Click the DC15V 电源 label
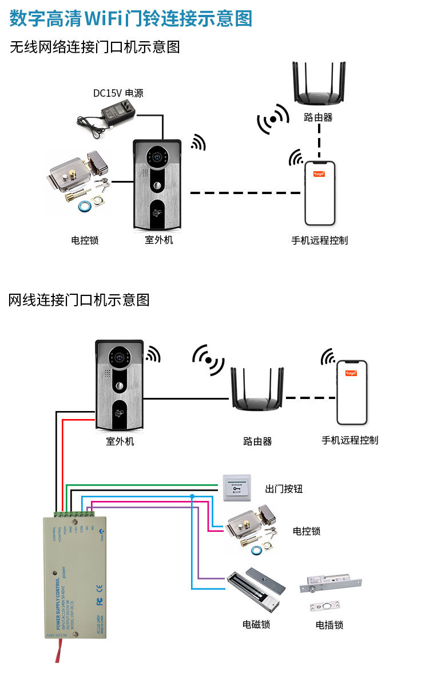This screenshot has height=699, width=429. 118,93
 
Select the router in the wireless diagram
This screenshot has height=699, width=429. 319,86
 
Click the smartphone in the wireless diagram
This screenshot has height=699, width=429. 319,193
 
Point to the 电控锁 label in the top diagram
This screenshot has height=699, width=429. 85,240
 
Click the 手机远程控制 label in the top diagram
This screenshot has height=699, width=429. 319,240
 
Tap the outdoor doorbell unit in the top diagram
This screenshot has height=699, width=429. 157,185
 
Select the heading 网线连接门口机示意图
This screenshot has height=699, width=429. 79,299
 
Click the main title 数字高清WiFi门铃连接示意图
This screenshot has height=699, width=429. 131,19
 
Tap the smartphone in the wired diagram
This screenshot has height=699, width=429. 351,392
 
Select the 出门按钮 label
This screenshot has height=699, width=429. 284,489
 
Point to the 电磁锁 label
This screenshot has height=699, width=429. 256,624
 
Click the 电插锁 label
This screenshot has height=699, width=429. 329,625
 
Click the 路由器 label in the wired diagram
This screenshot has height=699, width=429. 257,441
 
